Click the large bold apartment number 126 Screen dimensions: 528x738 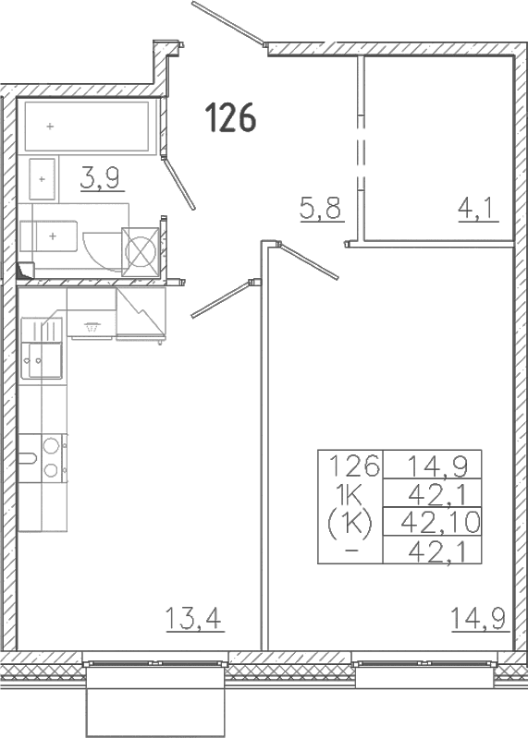(x=231, y=117)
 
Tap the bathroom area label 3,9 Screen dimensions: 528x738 (x=100, y=178)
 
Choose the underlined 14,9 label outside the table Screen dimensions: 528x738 (x=479, y=619)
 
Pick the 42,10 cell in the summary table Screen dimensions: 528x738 (x=440, y=522)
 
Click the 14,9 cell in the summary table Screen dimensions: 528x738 (x=438, y=466)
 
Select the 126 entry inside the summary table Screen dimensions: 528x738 (x=354, y=466)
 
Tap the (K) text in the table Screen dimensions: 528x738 (x=350, y=524)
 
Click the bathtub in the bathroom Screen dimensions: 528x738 (x=87, y=126)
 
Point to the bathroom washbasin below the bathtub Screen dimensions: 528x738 (x=43, y=179)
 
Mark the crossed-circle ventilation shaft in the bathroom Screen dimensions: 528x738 (x=141, y=251)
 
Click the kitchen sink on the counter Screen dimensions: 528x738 (x=42, y=348)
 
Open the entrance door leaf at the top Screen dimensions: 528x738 (x=227, y=24)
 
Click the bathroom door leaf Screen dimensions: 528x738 (x=178, y=183)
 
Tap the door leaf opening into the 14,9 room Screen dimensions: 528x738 (x=308, y=260)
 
